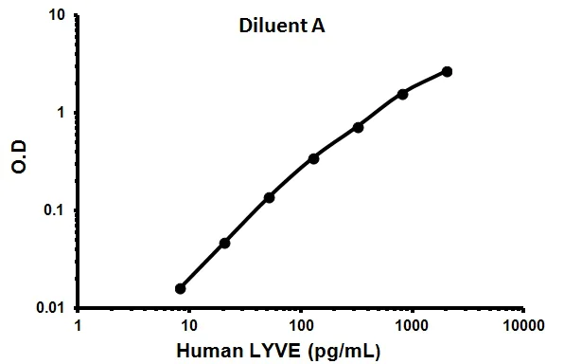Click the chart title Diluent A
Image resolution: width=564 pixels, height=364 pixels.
tap(281, 28)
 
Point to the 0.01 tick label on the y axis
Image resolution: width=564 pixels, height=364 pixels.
tap(49, 308)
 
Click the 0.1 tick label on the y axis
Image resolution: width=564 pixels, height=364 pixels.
tap(54, 210)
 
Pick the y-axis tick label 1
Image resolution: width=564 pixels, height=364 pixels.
tap(62, 113)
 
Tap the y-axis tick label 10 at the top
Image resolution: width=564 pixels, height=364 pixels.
tap(58, 15)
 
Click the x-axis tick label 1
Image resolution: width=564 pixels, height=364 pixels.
tap(78, 325)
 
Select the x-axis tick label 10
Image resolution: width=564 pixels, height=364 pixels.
tap(188, 325)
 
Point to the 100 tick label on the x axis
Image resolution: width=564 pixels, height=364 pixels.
tap(301, 325)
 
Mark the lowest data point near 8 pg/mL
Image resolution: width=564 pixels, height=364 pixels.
tap(181, 288)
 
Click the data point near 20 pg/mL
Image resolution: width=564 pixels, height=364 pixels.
tap(224, 243)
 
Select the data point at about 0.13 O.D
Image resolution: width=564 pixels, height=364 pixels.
tap(269, 197)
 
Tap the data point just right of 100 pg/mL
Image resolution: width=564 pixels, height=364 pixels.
tap(313, 158)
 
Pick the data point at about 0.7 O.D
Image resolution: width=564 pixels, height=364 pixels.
tap(358, 127)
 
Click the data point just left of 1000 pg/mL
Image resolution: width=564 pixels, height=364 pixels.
tap(402, 94)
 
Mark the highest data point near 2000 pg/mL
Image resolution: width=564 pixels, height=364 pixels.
tap(447, 71)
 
